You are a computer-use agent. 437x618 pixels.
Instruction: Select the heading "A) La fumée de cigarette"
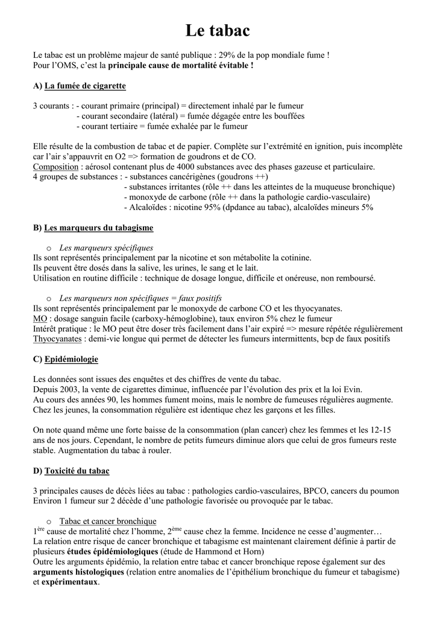[x=80, y=86]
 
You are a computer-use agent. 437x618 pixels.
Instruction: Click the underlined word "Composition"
[x=55, y=167]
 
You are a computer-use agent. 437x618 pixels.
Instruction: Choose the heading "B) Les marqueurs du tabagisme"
[x=93, y=228]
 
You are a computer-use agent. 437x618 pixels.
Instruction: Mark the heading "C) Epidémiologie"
[x=66, y=359]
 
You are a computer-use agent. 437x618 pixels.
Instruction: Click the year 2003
[x=70, y=389]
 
